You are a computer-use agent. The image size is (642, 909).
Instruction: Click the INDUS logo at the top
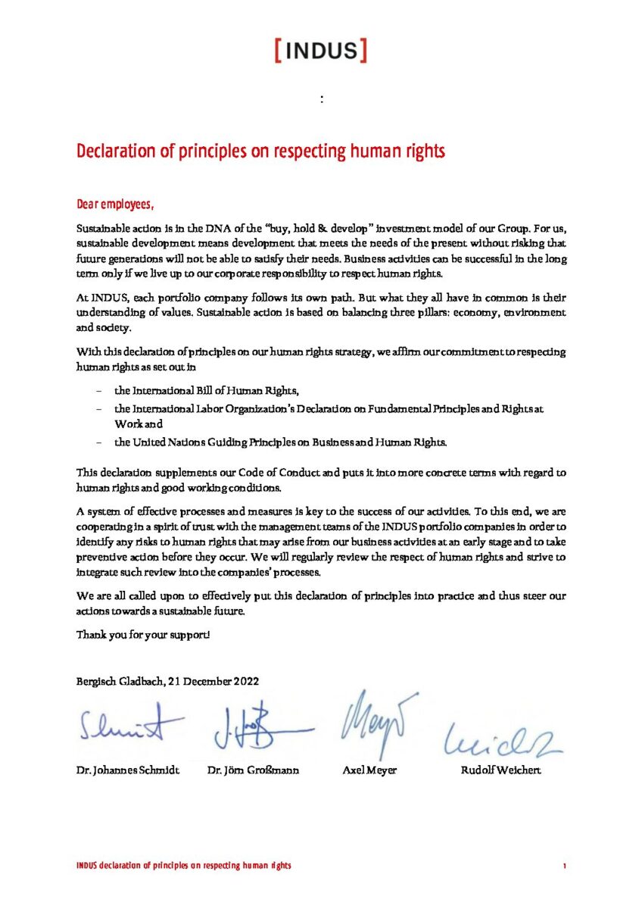[321, 51]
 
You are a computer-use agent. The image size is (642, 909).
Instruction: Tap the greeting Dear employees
[115, 205]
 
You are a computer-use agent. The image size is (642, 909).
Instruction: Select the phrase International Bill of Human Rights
[207, 391]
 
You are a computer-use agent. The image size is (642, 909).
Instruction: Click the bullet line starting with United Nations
[280, 442]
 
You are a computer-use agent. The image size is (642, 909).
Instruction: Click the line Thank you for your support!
[143, 634]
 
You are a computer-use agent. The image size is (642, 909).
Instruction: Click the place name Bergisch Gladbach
[115, 681]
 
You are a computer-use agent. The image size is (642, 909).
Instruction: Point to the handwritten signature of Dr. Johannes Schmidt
[130, 726]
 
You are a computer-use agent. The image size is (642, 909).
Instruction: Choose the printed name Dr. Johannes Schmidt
[128, 770]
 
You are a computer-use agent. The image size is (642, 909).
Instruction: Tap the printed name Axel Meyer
[369, 770]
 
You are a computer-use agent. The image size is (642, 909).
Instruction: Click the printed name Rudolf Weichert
[500, 770]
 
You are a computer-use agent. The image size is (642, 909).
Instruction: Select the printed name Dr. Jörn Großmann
[253, 770]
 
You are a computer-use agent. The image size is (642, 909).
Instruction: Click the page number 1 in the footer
[564, 866]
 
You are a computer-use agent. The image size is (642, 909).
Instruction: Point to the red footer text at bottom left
[184, 866]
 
